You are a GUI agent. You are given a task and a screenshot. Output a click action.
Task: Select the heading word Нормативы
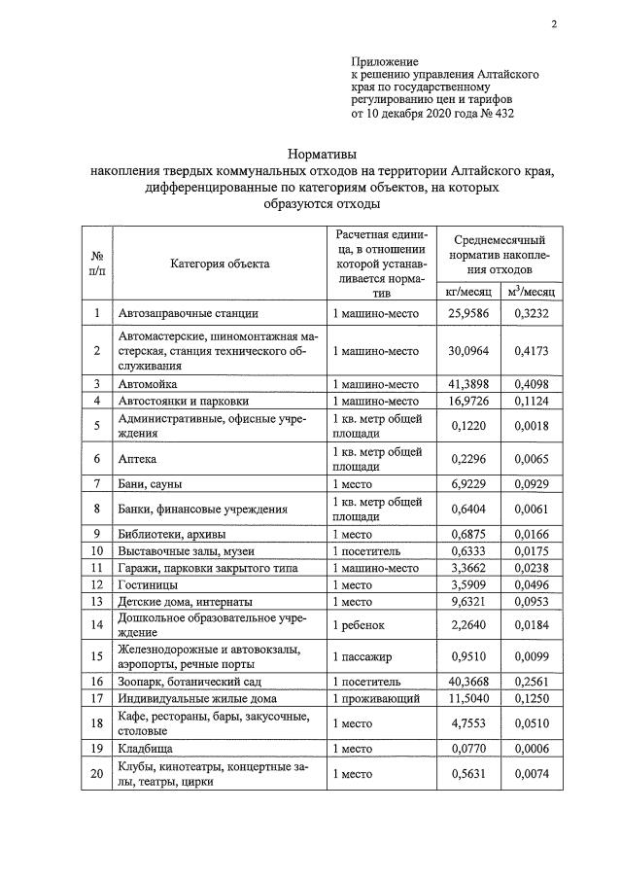click(322, 154)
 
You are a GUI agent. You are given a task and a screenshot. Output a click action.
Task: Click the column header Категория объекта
click(221, 263)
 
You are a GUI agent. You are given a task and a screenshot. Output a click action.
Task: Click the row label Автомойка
click(147, 384)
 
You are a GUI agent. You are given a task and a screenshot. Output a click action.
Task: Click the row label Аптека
click(137, 458)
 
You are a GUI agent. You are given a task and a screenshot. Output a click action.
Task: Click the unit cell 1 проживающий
click(375, 699)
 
